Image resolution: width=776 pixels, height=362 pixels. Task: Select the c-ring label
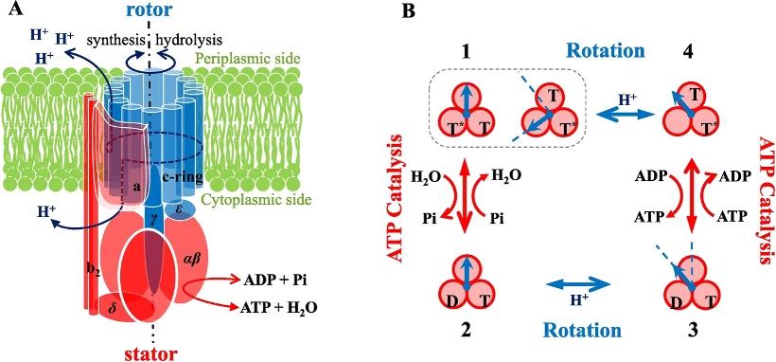coord(186,178)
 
